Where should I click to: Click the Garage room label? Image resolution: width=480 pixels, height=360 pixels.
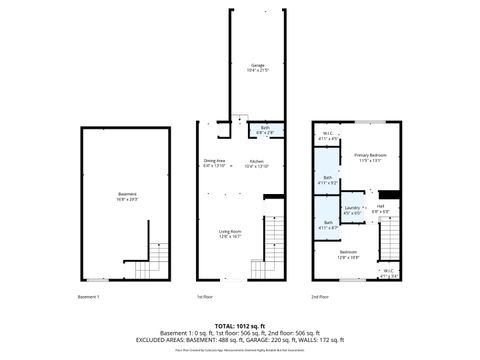pos(258,68)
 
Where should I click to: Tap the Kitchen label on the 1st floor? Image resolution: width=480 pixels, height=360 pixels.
pos(256,163)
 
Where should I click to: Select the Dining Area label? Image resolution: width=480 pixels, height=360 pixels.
pos(214,163)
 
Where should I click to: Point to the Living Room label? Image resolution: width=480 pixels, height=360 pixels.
pos(231,233)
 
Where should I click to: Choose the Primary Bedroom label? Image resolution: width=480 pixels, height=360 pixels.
pos(370,157)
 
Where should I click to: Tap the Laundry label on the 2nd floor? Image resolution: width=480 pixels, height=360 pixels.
pos(352,210)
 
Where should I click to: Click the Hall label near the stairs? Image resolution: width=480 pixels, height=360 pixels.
pos(381,210)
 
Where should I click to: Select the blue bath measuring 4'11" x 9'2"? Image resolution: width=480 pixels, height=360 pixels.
pos(327,181)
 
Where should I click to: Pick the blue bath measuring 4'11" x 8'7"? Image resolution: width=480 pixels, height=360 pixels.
pos(327,226)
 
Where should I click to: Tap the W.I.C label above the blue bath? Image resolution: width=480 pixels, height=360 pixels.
pos(327,136)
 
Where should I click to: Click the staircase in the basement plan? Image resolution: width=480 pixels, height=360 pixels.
pos(153,261)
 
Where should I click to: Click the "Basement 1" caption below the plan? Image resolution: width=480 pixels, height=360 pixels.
pos(90,297)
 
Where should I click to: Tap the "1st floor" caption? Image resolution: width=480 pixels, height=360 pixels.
pos(204,297)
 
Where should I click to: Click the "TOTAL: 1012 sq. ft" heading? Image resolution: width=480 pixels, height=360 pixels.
pos(240,326)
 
